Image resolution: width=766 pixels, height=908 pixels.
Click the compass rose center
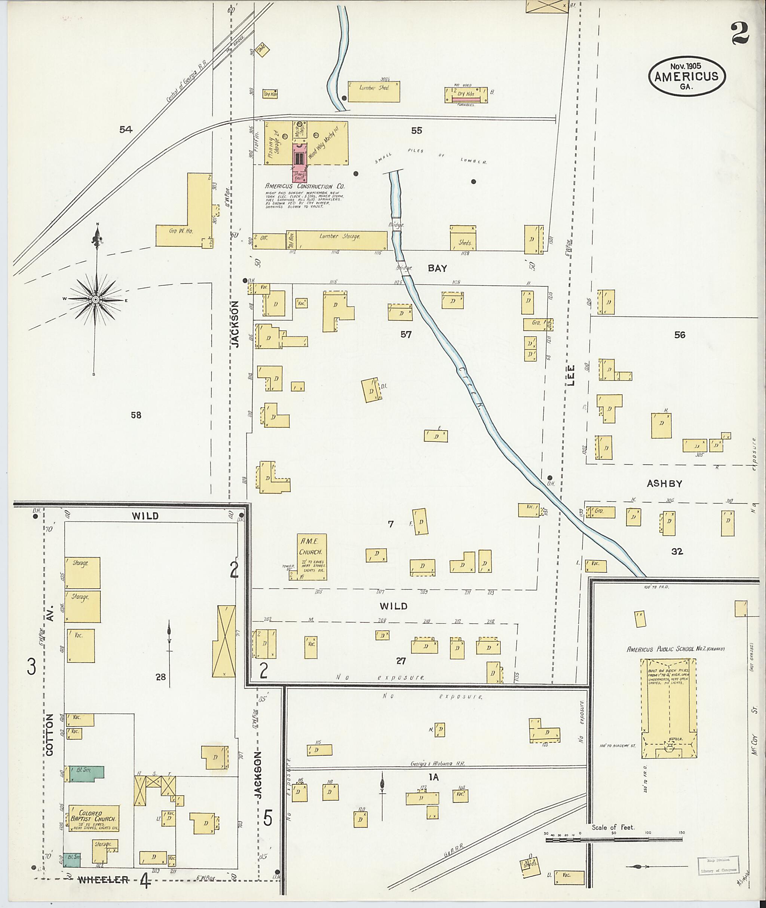tap(95, 299)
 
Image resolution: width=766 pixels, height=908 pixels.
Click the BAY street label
tap(437, 268)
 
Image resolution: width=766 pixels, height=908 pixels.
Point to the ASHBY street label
tap(664, 483)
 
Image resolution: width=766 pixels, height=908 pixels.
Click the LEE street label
tap(571, 375)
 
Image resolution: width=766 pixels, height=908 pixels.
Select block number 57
tap(405, 335)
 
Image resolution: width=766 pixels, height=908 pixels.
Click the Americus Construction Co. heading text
tap(305, 186)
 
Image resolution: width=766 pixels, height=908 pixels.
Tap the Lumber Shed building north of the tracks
tap(373, 91)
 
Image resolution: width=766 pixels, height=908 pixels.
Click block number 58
tap(136, 415)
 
